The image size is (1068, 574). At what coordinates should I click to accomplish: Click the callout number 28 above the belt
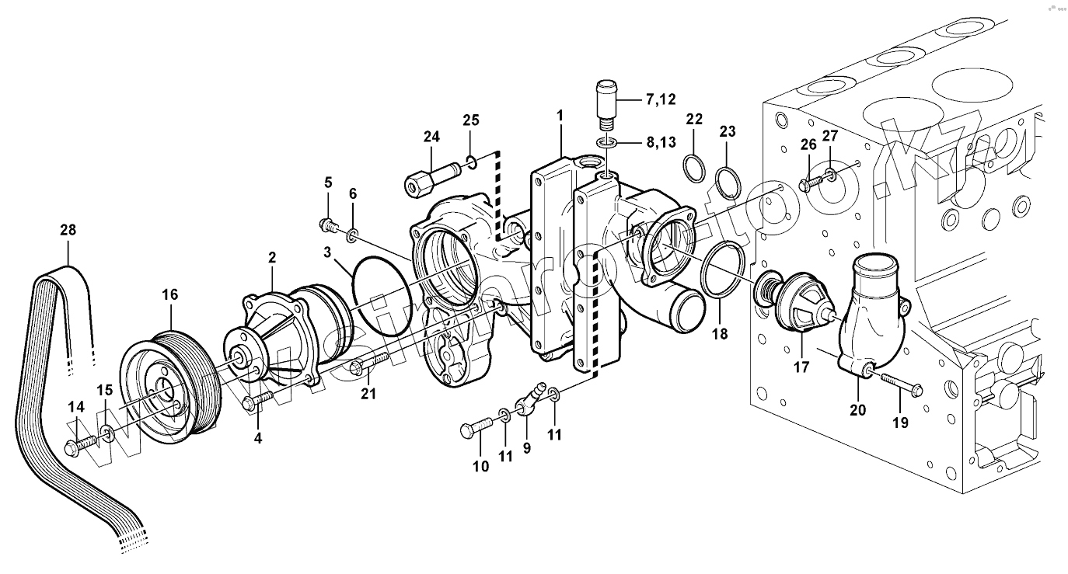click(x=68, y=230)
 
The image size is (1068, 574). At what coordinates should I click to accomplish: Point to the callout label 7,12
click(x=660, y=99)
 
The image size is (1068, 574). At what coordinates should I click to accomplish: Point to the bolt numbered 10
click(x=476, y=428)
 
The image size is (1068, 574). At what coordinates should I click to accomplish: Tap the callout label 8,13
click(x=660, y=142)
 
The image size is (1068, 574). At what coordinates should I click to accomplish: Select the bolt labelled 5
click(x=329, y=225)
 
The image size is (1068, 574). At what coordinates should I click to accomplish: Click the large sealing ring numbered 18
click(x=724, y=269)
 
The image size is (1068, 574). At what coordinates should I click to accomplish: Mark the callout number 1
click(x=559, y=115)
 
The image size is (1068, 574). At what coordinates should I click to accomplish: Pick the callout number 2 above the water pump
click(x=273, y=257)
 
